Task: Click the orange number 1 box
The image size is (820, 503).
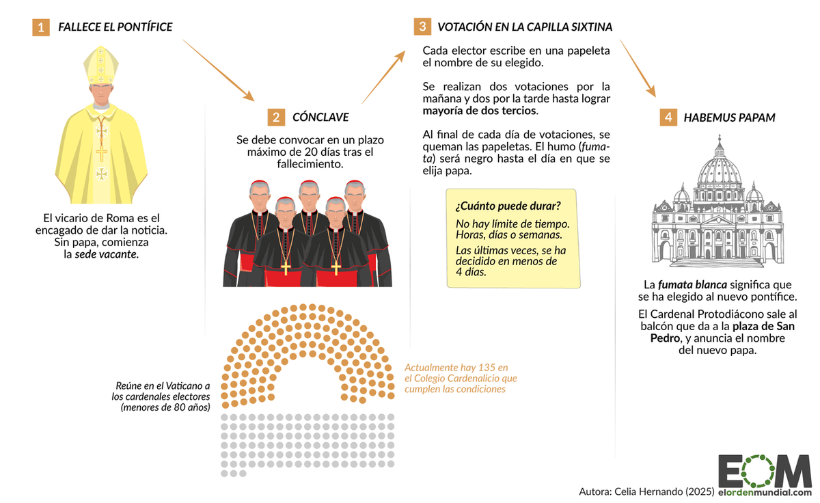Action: (41, 28)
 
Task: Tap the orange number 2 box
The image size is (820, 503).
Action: (275, 117)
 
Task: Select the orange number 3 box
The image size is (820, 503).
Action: (422, 27)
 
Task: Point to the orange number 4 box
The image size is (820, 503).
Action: (668, 118)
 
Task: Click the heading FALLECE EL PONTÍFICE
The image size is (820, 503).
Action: (115, 28)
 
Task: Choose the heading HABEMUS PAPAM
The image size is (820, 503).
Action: (729, 118)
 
